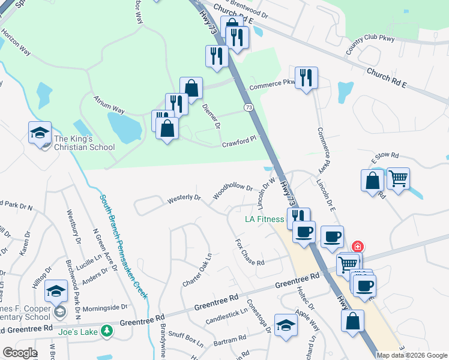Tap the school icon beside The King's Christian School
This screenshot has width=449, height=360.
click(40, 133)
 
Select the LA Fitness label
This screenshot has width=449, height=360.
click(264, 219)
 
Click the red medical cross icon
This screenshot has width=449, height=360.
click(357, 247)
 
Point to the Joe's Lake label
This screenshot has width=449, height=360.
click(78, 331)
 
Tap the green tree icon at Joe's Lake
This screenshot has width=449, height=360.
click(107, 331)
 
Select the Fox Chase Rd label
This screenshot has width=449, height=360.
click(250, 253)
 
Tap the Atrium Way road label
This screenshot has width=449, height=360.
click(109, 103)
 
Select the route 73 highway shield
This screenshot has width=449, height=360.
click(249, 107)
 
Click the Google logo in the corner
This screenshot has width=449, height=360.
click(20, 353)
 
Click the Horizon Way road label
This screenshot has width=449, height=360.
click(16, 42)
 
